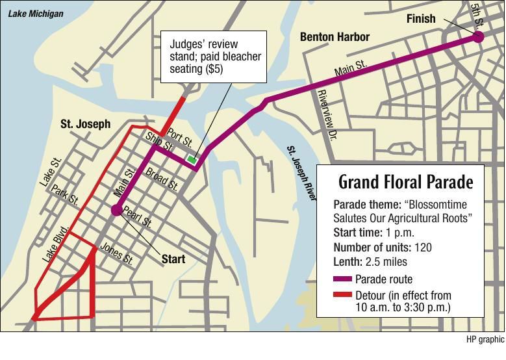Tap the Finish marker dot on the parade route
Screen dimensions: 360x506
tap(478, 37)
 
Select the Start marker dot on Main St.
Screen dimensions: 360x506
tap(116, 210)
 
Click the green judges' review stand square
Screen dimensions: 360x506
tap(192, 159)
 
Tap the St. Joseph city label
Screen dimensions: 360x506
tap(85, 123)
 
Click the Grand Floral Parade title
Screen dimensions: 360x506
tap(406, 181)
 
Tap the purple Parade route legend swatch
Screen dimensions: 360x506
tap(342, 279)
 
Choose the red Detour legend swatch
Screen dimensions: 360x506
tap(342, 295)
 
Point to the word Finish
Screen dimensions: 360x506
tap(420, 18)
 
